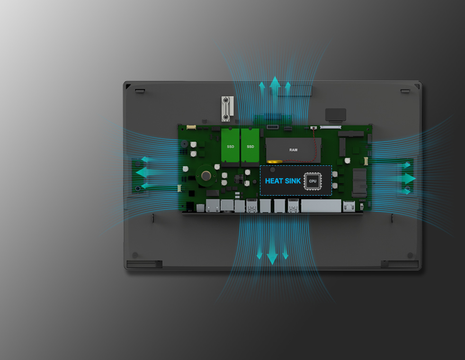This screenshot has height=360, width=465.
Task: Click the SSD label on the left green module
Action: tap(231, 147)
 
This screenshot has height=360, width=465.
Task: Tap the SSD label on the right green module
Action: tap(250, 147)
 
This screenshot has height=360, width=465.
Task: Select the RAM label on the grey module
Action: tap(293, 150)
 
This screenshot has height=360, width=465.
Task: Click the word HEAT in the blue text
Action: tap(274, 181)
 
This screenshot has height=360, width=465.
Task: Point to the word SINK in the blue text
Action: tap(293, 181)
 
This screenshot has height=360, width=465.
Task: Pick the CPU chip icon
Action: tap(313, 181)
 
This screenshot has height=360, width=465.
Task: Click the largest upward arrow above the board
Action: tap(275, 86)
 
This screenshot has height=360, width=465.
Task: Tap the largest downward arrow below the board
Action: tap(272, 254)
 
